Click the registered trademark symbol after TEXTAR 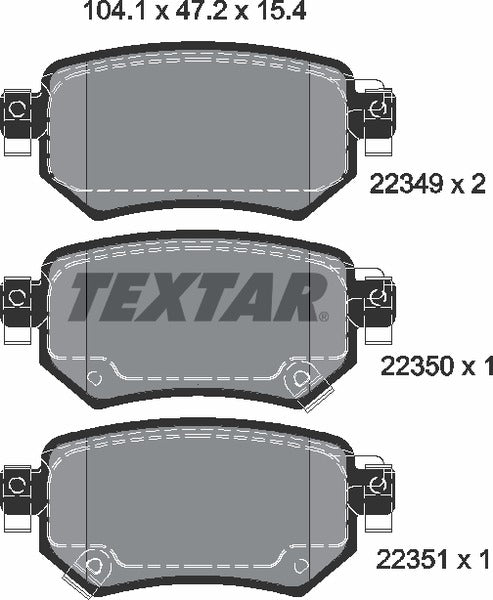[323, 315]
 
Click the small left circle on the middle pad [95, 378]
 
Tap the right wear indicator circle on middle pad [296, 378]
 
